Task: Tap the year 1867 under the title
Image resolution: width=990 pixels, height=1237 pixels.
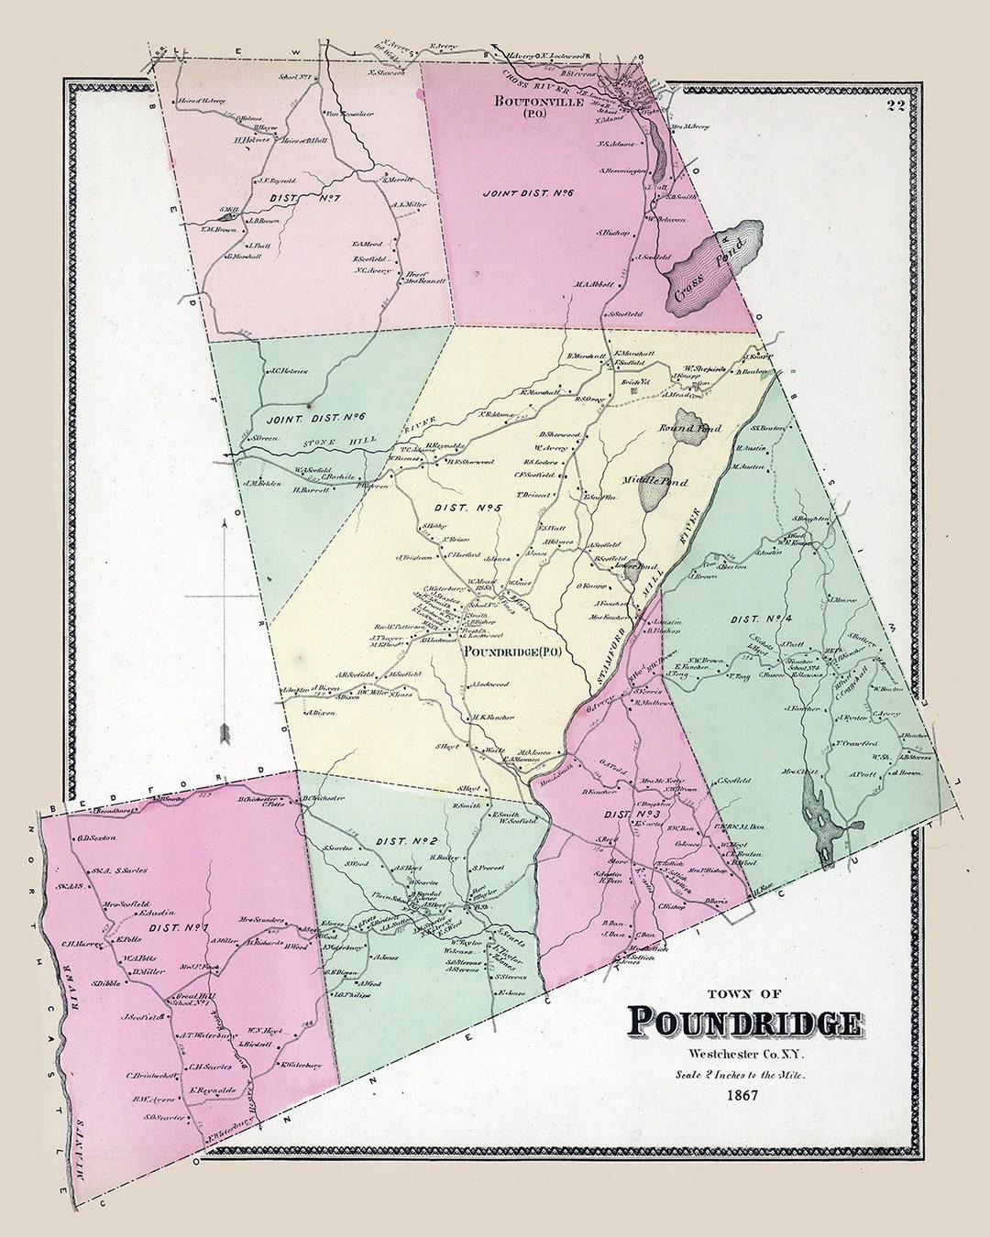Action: point(744,1095)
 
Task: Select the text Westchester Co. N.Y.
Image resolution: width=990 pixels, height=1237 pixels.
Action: point(744,1054)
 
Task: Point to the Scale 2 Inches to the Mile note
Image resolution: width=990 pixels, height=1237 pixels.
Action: point(744,1074)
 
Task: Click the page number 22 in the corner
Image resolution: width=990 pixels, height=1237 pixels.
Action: point(895,105)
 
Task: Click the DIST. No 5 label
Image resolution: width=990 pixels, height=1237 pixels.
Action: point(456,507)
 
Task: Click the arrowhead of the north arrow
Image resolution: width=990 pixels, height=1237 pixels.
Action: point(223,733)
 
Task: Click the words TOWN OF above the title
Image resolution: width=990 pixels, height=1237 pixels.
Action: point(743,993)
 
